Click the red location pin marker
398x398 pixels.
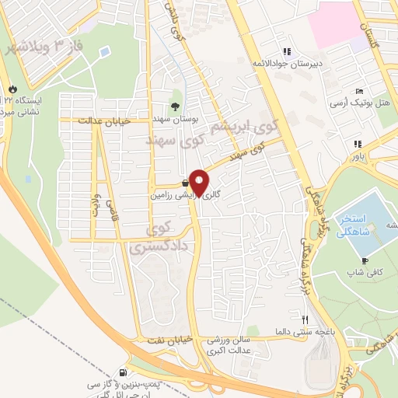[199, 182]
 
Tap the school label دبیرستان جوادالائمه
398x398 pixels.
[285, 62]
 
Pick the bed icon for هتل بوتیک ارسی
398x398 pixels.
[359, 91]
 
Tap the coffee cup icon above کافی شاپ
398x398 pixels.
[365, 260]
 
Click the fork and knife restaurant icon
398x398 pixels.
[306, 319]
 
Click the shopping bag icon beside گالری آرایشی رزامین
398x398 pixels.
[184, 183]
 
